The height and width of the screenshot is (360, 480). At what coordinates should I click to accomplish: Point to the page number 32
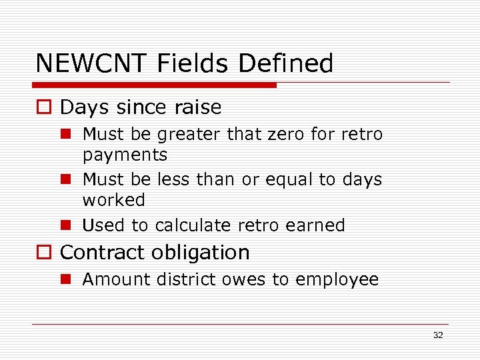coord(438,335)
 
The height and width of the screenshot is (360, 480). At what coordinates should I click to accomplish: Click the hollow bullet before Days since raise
coord(46,107)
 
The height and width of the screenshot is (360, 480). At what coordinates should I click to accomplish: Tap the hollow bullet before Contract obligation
coord(46,253)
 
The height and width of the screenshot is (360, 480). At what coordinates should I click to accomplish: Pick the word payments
coord(125,155)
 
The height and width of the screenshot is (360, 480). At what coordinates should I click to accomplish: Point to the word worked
coord(113,200)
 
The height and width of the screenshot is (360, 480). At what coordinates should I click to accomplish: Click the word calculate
coord(188,225)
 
